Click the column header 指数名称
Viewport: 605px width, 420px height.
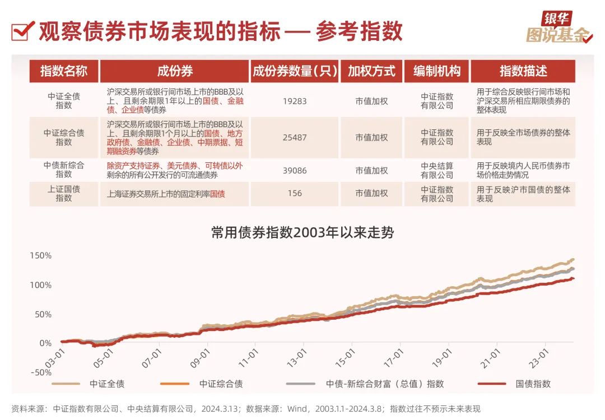[64, 71]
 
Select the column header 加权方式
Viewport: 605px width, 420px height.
[371, 71]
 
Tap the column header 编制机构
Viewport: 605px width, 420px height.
[437, 71]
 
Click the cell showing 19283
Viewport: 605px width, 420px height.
[294, 101]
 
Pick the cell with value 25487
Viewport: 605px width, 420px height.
[294, 137]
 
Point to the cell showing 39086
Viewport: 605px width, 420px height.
[294, 170]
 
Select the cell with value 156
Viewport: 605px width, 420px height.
[294, 193]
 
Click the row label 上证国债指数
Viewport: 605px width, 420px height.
[64, 193]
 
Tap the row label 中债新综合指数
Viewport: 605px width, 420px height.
[64, 170]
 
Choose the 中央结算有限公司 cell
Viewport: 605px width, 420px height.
[437, 170]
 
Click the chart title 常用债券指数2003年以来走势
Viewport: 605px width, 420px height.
[302, 232]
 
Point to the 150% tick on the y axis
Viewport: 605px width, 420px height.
[40, 256]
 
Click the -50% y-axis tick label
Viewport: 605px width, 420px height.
[40, 372]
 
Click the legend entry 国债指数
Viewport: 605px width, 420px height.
[533, 384]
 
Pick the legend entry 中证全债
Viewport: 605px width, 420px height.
[107, 384]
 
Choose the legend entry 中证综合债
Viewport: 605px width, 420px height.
[221, 384]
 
